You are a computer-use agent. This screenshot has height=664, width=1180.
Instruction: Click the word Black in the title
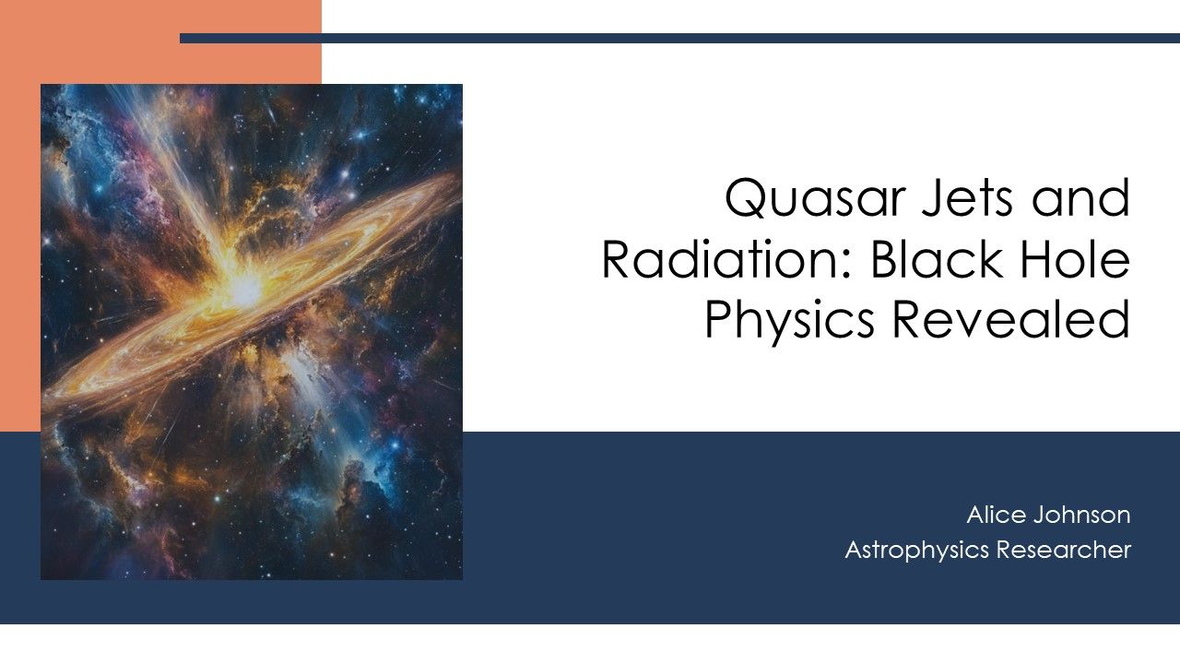coord(930,261)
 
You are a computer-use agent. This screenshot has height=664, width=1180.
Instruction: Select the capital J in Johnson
coord(1040,514)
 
